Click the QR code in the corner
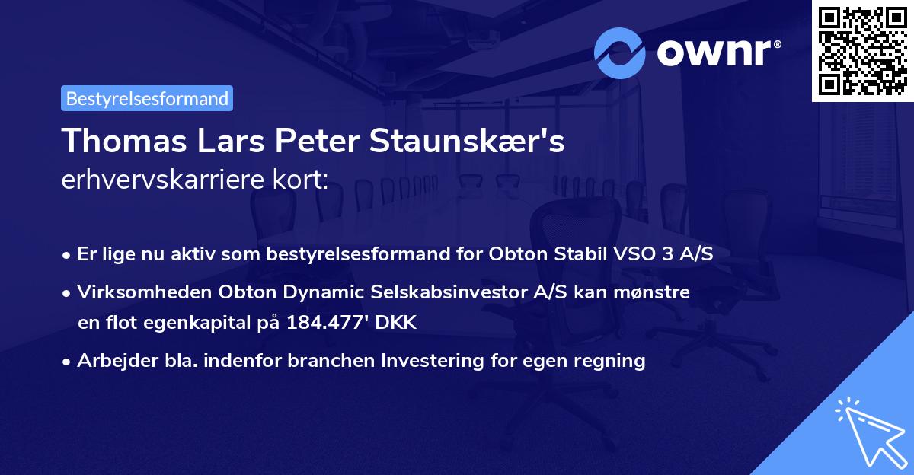point(863,50)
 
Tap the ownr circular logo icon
point(620,53)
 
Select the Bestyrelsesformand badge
point(147,98)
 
